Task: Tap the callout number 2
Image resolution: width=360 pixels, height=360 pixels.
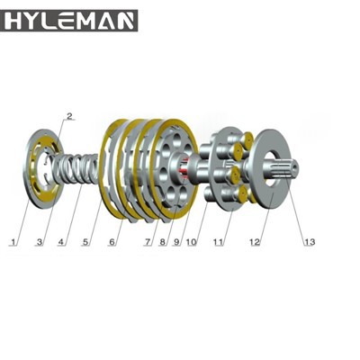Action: point(69,115)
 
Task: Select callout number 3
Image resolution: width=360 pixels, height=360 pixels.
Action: point(40,242)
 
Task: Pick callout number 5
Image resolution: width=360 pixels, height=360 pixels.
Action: point(85,242)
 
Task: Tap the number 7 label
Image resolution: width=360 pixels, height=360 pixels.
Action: point(146,242)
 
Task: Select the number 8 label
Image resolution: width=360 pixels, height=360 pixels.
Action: point(162,242)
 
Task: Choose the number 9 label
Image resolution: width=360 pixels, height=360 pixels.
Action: point(178,242)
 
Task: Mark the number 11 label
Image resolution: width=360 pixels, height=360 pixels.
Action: point(219,242)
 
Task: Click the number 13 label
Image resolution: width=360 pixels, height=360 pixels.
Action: point(310,242)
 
